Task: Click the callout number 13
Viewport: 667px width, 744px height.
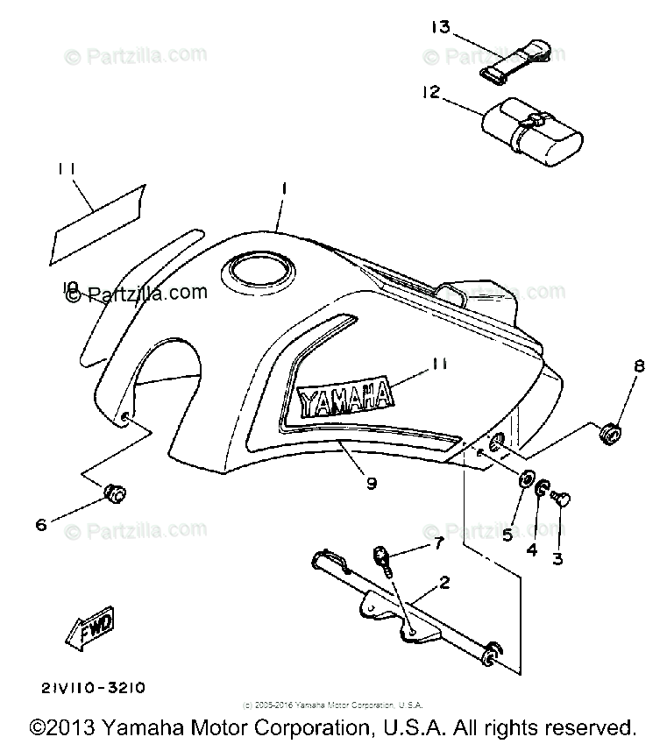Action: [x=439, y=27]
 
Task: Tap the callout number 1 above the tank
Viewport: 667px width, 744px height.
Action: [x=284, y=188]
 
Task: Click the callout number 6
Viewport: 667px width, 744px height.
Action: [x=40, y=524]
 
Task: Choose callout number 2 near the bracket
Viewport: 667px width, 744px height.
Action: [x=444, y=581]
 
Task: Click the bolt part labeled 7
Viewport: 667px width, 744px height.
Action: [x=384, y=556]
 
